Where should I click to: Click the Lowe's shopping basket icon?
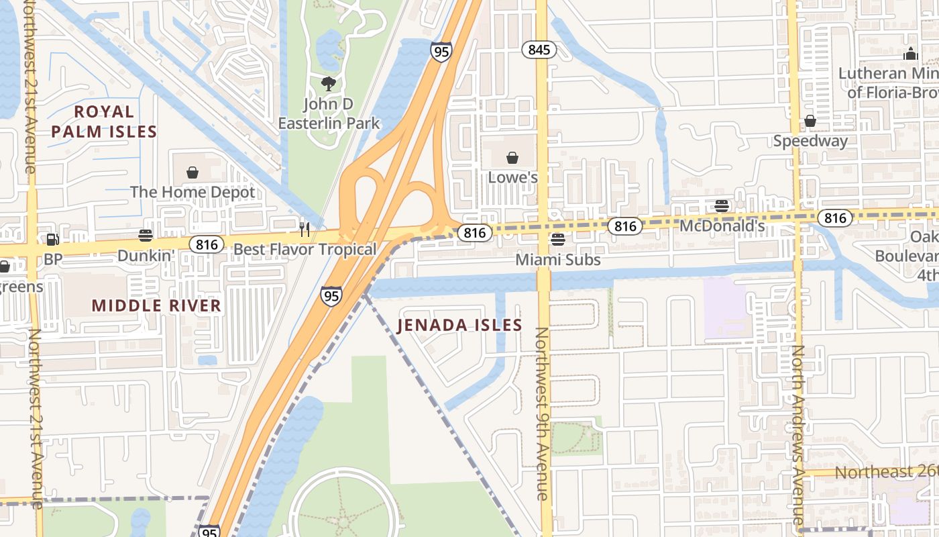(x=512, y=158)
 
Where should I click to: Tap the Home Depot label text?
(x=192, y=192)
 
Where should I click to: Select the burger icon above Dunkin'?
(x=146, y=235)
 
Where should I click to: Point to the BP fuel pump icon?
(x=52, y=238)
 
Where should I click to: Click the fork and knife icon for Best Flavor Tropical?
(x=305, y=230)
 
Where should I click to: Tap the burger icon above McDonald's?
(x=722, y=206)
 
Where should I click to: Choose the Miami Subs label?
(x=558, y=259)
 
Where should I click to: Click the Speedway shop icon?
(x=810, y=121)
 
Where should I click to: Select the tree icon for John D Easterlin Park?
(x=328, y=84)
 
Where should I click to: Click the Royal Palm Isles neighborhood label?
(x=104, y=121)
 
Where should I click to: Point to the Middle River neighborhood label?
(x=156, y=305)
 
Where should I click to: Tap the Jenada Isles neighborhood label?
(x=459, y=326)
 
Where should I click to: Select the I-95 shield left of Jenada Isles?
(x=331, y=295)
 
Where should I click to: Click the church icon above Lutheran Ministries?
(x=910, y=54)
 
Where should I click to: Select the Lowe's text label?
(x=513, y=178)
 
